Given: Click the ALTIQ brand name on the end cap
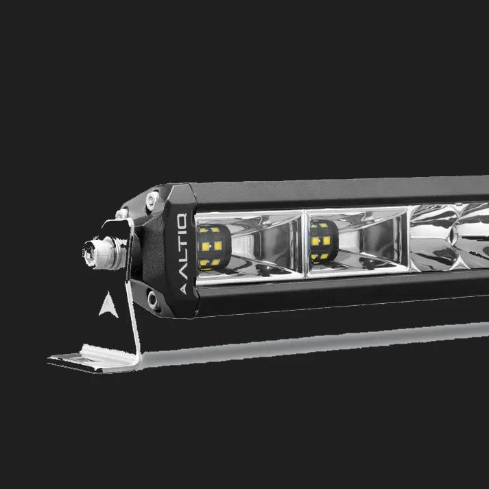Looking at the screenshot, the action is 182,246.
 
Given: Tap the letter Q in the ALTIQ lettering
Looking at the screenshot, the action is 182,220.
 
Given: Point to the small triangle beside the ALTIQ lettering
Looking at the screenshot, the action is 183,289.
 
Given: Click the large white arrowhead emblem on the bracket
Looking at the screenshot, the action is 108,305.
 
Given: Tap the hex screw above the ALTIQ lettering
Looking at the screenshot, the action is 152,200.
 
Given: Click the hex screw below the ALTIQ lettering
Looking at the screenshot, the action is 154,300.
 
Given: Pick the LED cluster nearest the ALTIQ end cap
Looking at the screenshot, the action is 213,247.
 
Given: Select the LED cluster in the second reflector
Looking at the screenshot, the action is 323,241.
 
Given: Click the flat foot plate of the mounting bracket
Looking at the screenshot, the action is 93,359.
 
